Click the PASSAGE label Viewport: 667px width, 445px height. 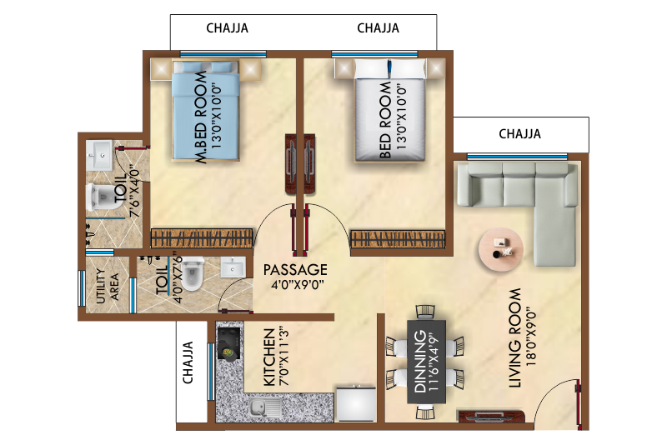295,270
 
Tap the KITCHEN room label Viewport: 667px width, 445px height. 269,357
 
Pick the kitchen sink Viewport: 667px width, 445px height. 262,409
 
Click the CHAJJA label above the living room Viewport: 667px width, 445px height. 519,133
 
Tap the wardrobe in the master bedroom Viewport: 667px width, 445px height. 201,237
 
